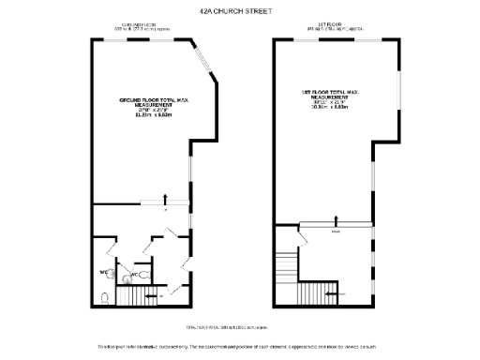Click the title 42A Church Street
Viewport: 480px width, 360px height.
(x=240, y=12)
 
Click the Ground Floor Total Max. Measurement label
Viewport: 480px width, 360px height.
(x=144, y=107)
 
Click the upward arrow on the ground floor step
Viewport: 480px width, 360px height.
(x=167, y=198)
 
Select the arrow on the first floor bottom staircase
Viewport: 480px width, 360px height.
(x=329, y=294)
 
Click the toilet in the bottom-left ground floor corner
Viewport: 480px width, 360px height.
(x=104, y=299)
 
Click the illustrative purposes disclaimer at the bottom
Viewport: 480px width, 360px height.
(x=240, y=346)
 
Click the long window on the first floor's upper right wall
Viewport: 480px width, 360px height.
(x=400, y=95)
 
